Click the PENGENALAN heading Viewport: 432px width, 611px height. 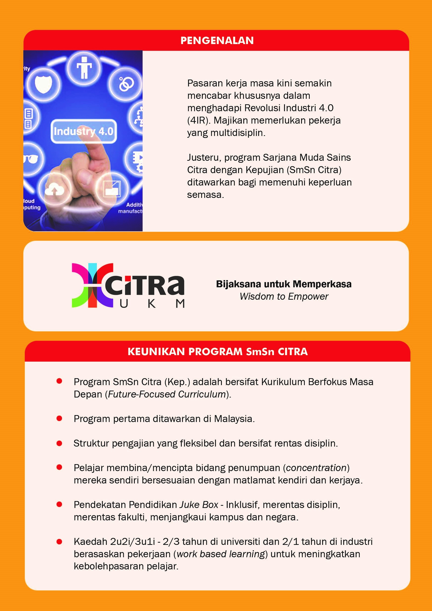(217, 40)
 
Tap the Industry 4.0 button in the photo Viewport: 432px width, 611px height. (84, 131)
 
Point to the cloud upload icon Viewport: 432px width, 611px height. (54, 189)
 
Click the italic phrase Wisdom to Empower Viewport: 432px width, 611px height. (284, 296)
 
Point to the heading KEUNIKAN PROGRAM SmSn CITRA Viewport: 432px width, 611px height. (217, 351)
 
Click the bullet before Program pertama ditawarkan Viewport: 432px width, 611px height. (59, 419)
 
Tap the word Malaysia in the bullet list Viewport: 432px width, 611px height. (233, 419)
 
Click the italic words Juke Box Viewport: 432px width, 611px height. (199, 505)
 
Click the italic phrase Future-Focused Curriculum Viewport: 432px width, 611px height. (167, 394)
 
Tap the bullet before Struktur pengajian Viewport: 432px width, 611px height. (59, 443)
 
